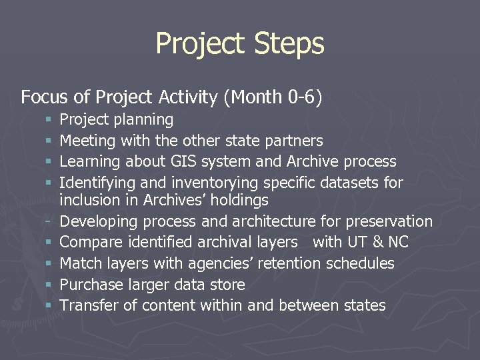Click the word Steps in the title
288,44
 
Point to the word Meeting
87,141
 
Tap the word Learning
89,161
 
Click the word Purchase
91,285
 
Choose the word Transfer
88,305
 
